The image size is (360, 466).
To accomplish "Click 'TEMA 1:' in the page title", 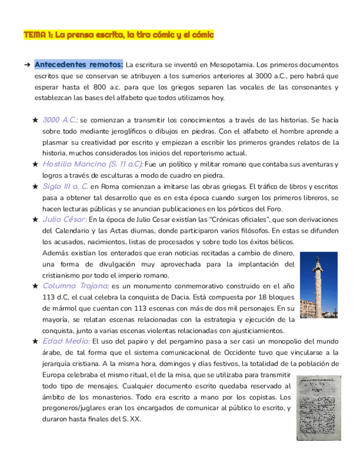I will click(37, 35).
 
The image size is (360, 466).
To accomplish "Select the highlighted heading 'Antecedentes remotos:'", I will click(79, 64).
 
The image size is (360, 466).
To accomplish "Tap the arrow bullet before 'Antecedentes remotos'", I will click(27, 65).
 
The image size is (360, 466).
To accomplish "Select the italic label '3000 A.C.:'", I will click(60, 120).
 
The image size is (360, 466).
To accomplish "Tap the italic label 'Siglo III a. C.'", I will click(65, 186).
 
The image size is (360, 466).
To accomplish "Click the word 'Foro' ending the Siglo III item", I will click(274, 209).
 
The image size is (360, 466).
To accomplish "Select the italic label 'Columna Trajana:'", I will click(75, 286).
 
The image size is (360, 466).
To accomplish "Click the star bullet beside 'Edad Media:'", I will click(35, 341).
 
